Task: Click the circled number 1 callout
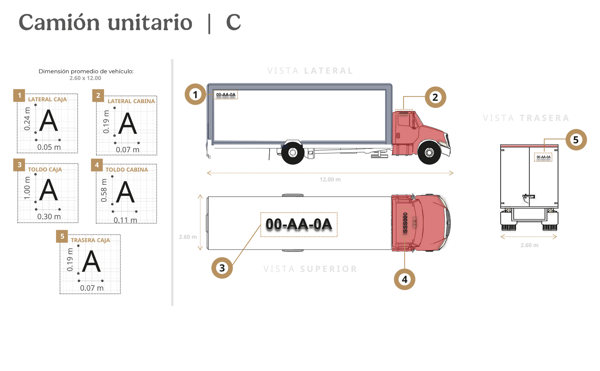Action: tap(195, 94)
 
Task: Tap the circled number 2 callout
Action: tap(435, 97)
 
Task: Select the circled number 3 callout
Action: tap(222, 268)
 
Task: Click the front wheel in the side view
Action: tap(429, 153)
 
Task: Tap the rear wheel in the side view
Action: tap(292, 153)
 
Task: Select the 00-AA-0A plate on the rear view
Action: tap(543, 157)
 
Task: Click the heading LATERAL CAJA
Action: tap(47, 99)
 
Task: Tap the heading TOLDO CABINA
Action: tap(127, 170)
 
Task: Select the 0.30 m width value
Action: tap(49, 216)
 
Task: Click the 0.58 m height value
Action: tap(104, 190)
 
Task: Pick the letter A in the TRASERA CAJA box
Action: tap(91, 261)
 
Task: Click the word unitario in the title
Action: tap(150, 23)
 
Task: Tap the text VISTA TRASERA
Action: tap(526, 118)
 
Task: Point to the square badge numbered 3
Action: tap(19, 165)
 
